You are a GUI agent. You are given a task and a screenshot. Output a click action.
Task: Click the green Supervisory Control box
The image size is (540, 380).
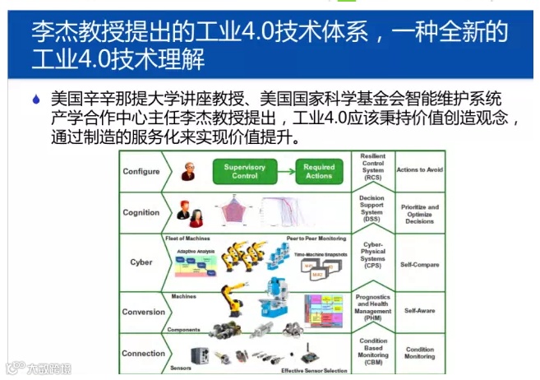tap(245, 171)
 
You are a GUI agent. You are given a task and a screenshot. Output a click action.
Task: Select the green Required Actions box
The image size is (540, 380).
tap(319, 171)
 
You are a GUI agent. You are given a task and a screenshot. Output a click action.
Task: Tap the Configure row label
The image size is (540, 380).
tap(141, 171)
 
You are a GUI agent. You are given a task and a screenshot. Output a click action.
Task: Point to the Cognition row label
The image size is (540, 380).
tap(141, 212)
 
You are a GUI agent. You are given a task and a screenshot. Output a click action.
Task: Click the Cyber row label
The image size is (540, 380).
tap(141, 262)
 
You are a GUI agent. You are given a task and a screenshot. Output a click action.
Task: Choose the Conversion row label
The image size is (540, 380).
tap(144, 312)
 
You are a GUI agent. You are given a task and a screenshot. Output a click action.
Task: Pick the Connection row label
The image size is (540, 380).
tap(144, 354)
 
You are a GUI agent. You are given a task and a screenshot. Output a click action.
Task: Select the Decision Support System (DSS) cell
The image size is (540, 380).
tap(372, 211)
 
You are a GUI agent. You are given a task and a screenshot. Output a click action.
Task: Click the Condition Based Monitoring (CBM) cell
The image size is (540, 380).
tap(372, 351)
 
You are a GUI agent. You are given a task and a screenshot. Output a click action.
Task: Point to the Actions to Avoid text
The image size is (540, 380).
tap(420, 170)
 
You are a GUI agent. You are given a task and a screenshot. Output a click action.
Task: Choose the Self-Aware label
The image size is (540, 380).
tap(420, 311)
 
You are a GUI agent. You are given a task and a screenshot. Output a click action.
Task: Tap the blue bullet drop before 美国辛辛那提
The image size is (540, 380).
tap(35, 100)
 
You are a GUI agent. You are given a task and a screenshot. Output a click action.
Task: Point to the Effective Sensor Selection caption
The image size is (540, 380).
tap(316, 370)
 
